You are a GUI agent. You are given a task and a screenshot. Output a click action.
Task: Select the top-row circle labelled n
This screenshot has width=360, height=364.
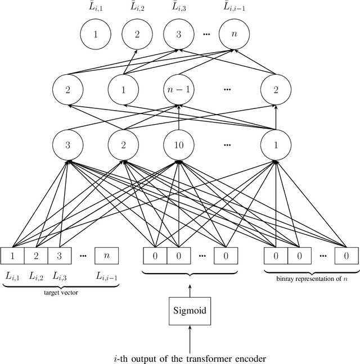[233, 34]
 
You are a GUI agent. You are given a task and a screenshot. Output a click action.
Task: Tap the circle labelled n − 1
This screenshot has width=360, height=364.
[178, 89]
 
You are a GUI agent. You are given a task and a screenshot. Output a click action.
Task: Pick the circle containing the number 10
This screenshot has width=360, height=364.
[178, 144]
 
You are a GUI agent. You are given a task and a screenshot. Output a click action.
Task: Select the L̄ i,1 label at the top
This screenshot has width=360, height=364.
[95, 7]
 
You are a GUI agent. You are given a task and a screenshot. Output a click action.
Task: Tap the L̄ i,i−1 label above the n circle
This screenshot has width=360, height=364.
[233, 7]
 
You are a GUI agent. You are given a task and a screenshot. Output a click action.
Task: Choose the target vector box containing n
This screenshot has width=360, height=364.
[107, 256]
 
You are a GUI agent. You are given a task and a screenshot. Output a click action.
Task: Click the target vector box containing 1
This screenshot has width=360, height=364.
[12, 256]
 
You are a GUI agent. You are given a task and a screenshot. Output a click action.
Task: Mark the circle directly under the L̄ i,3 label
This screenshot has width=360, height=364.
[178, 34]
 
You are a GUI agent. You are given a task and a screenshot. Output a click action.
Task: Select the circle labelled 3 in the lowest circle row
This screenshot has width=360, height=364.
[68, 144]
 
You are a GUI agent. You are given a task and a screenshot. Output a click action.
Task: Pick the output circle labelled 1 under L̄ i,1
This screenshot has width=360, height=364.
[95, 34]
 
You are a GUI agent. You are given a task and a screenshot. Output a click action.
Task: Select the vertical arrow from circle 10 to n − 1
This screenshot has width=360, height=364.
[178, 116]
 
